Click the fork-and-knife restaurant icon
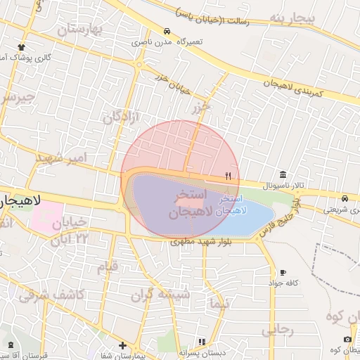pos(228,176)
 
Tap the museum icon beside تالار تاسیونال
pos(283,174)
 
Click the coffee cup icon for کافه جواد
pos(283,272)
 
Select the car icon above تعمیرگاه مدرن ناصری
pos(166,32)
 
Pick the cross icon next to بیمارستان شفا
pos(123,345)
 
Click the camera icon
pos(347,339)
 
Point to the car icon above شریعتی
pos(345,198)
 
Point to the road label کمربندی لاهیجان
pos(288,85)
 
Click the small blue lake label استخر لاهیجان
pos(232,205)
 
